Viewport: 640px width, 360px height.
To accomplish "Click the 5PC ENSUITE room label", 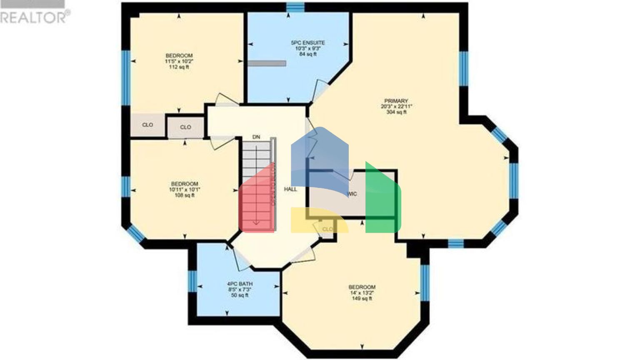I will click(x=308, y=42).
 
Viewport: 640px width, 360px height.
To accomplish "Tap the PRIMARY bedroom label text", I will click(x=396, y=101).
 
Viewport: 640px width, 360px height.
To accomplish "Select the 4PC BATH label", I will click(x=240, y=284).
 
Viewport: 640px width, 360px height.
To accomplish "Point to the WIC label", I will click(x=352, y=194).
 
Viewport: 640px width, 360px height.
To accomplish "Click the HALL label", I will click(x=290, y=189).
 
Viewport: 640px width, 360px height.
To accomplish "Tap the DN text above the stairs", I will click(x=256, y=137).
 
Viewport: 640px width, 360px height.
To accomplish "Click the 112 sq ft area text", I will click(x=179, y=67).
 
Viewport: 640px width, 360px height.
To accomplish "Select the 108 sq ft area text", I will click(x=184, y=195).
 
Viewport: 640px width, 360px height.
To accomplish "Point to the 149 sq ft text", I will click(x=362, y=299).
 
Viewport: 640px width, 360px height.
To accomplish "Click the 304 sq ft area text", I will click(x=396, y=112).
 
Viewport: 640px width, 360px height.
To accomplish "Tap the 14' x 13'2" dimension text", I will click(x=362, y=293).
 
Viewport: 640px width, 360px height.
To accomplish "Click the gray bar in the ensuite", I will click(x=267, y=63).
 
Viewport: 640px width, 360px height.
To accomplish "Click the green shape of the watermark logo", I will click(x=382, y=200).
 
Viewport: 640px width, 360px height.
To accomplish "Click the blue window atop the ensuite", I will click(x=295, y=7).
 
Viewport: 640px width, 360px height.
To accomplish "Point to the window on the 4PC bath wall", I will click(x=192, y=281).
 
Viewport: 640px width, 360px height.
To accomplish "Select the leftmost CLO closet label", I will click(x=147, y=125).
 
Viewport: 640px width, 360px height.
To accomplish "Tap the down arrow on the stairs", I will click(x=256, y=222).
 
